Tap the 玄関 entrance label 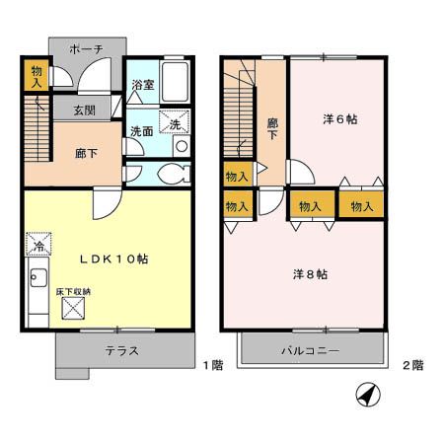click(x=68, y=111)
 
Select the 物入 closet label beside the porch click(x=36, y=75)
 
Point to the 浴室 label click(x=142, y=86)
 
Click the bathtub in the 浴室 click(x=175, y=79)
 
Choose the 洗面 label click(x=140, y=131)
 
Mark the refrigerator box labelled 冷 click(x=37, y=244)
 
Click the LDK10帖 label click(x=114, y=259)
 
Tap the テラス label click(x=122, y=351)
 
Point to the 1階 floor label click(x=213, y=365)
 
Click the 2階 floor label click(x=411, y=365)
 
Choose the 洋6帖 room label click(x=339, y=119)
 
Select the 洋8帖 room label click(x=309, y=273)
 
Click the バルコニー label click(x=309, y=351)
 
